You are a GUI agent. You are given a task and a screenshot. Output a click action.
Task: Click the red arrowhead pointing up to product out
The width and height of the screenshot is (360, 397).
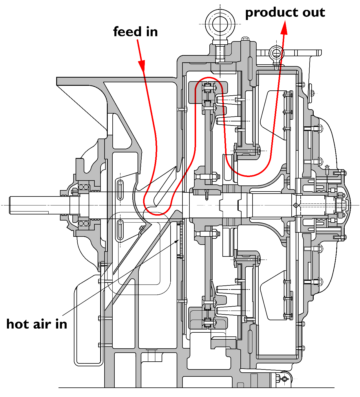284,28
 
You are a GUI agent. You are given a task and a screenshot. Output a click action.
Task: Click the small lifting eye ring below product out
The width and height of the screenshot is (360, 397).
276,53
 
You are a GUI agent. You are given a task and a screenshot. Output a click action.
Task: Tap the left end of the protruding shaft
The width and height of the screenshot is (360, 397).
11,205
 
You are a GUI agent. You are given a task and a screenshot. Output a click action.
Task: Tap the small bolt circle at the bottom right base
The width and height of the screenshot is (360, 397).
284,379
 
